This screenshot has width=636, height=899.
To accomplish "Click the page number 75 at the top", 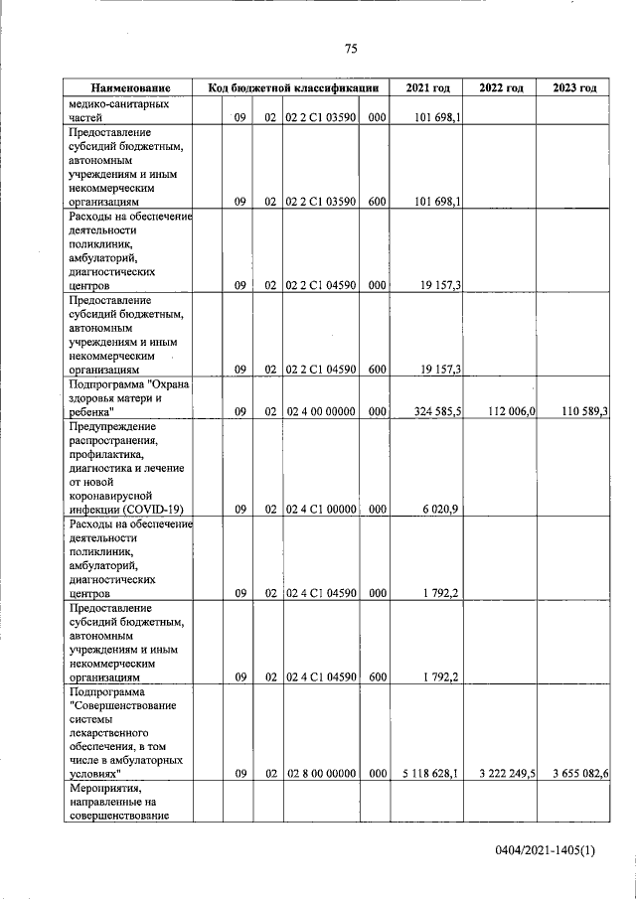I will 351,49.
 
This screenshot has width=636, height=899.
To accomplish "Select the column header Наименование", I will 128,88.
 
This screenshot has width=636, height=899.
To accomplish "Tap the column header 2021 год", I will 427,88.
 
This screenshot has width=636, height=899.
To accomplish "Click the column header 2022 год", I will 501,88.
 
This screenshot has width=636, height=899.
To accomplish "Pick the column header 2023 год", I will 574,88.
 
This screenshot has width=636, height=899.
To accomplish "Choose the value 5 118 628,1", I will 428,772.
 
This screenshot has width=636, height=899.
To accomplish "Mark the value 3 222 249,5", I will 502,772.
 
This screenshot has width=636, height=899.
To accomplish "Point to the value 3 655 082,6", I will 575,772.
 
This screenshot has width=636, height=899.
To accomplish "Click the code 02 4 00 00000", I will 321,410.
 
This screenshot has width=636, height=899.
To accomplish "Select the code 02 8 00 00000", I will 321,772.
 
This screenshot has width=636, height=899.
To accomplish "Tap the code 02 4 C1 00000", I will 321,509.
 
